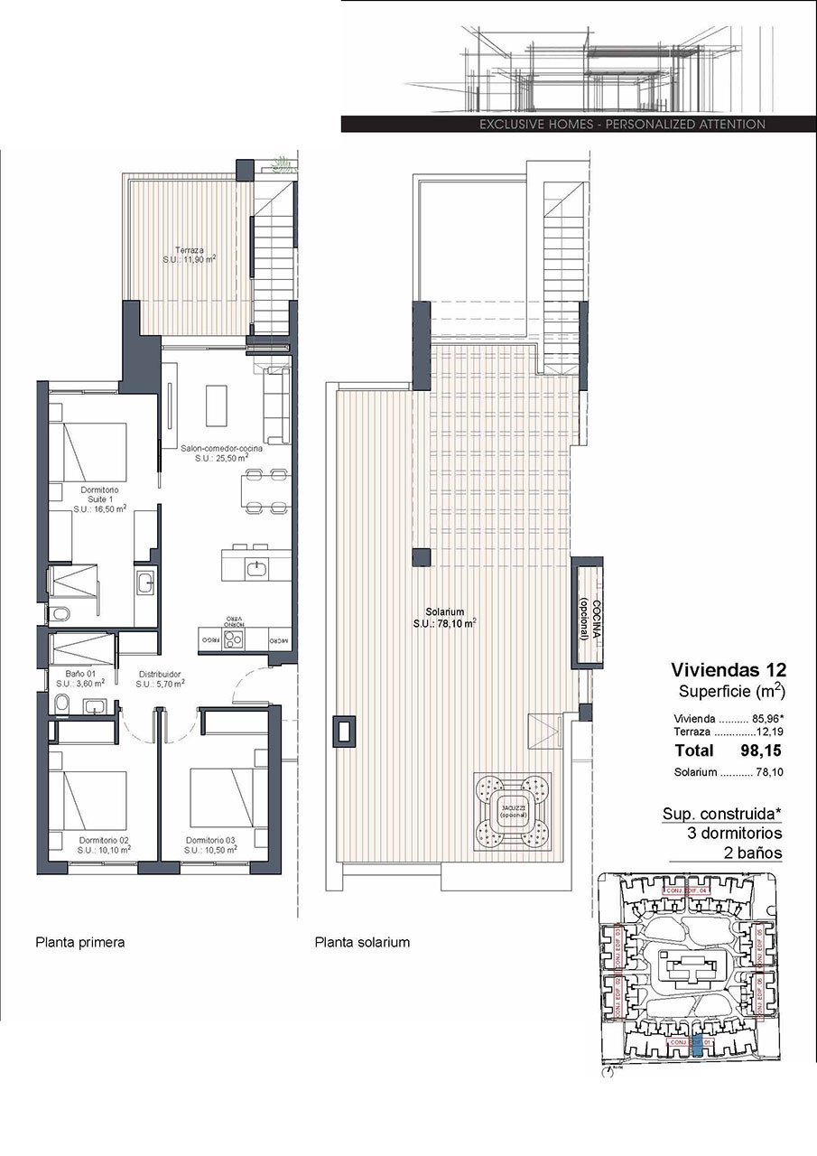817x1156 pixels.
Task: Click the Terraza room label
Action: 189,253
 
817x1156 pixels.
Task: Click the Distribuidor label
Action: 161,678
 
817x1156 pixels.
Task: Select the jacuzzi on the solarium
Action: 512,810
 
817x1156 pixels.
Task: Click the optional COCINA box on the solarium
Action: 586,611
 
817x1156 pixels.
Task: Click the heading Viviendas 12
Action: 729,670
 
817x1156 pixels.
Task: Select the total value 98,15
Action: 760,750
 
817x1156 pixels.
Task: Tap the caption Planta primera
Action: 79,942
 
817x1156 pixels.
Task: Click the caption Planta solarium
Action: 362,942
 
